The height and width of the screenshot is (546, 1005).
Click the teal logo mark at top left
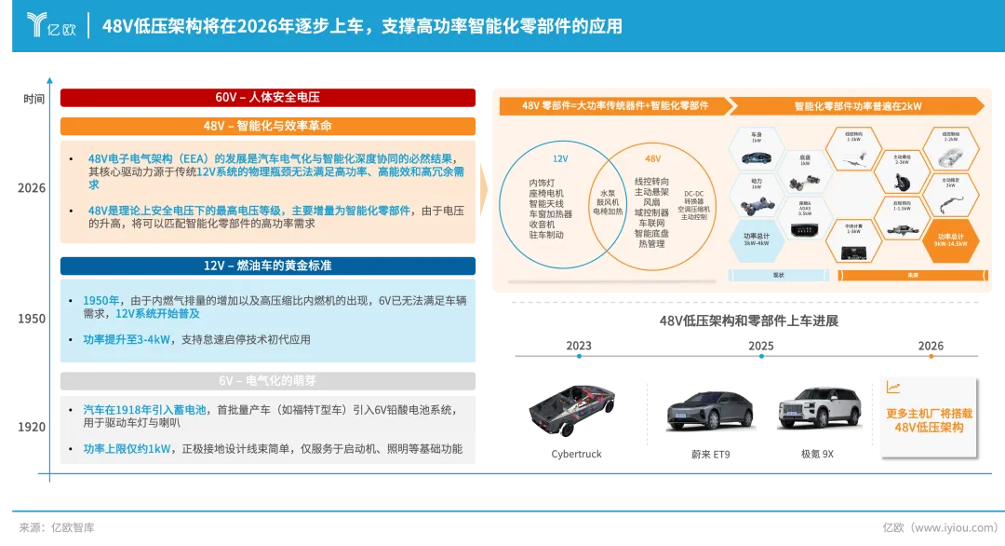point(36,24)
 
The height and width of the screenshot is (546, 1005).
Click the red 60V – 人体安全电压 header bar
point(268,97)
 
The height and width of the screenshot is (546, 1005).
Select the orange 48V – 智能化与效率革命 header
point(268,125)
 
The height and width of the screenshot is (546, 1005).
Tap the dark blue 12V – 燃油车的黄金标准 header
point(268,266)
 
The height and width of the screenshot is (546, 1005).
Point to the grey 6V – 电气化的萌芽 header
point(268,380)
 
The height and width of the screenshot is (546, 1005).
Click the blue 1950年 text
point(101,300)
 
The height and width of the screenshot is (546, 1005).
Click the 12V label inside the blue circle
point(560,159)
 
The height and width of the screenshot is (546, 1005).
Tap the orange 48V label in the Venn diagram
point(652,159)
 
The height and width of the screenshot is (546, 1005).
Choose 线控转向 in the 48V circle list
point(651,181)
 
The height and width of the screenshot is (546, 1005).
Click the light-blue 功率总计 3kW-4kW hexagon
point(757,239)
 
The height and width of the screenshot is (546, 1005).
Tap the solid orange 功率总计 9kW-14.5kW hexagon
point(949,239)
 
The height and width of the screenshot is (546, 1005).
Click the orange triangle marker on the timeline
point(929,357)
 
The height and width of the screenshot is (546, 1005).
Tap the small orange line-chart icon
point(893,388)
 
